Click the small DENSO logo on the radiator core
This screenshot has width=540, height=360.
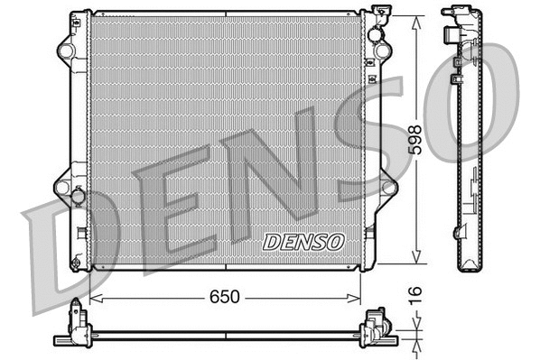click(303, 241)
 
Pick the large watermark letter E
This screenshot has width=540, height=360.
click(167, 212)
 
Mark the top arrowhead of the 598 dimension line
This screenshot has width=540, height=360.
click(414, 19)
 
